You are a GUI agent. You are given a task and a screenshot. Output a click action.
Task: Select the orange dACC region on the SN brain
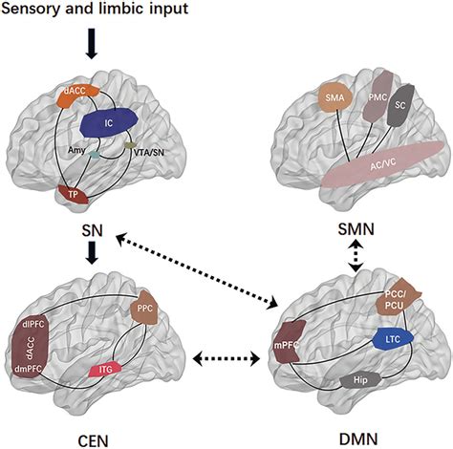[x=72, y=95]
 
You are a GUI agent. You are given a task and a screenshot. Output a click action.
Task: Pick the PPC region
[x=149, y=307]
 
